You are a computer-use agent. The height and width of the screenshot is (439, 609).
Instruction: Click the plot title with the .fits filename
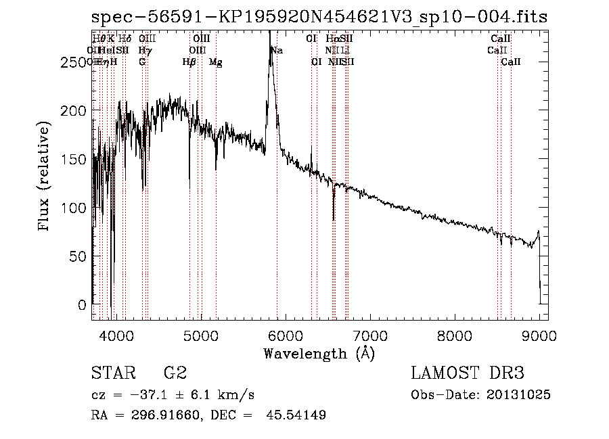(319, 16)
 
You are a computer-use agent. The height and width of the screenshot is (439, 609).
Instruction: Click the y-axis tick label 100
(75, 208)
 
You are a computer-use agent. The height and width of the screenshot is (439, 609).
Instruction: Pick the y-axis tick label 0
(83, 305)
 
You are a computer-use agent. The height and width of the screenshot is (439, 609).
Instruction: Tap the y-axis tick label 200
(75, 111)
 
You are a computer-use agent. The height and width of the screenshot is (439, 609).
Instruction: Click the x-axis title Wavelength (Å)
(319, 353)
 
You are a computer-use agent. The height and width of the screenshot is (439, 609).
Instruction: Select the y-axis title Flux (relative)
(45, 177)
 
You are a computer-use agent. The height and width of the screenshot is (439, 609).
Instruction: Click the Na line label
(277, 51)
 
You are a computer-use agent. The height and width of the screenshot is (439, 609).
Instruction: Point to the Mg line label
(215, 62)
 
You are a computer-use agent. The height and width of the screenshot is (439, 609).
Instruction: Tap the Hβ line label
(189, 62)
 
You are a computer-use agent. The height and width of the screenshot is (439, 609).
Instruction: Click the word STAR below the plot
(113, 373)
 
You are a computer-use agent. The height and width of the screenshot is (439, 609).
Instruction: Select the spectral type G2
(175, 373)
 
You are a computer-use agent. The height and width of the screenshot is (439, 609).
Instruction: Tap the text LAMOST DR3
(468, 373)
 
